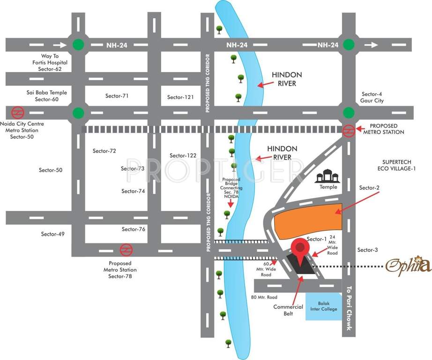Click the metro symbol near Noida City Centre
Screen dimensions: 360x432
point(18,113)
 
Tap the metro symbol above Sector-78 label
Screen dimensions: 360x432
point(126,250)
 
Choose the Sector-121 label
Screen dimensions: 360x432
point(180,97)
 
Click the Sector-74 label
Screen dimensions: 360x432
point(133,191)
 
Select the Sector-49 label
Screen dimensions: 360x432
point(52,234)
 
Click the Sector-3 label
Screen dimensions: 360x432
point(367,250)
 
